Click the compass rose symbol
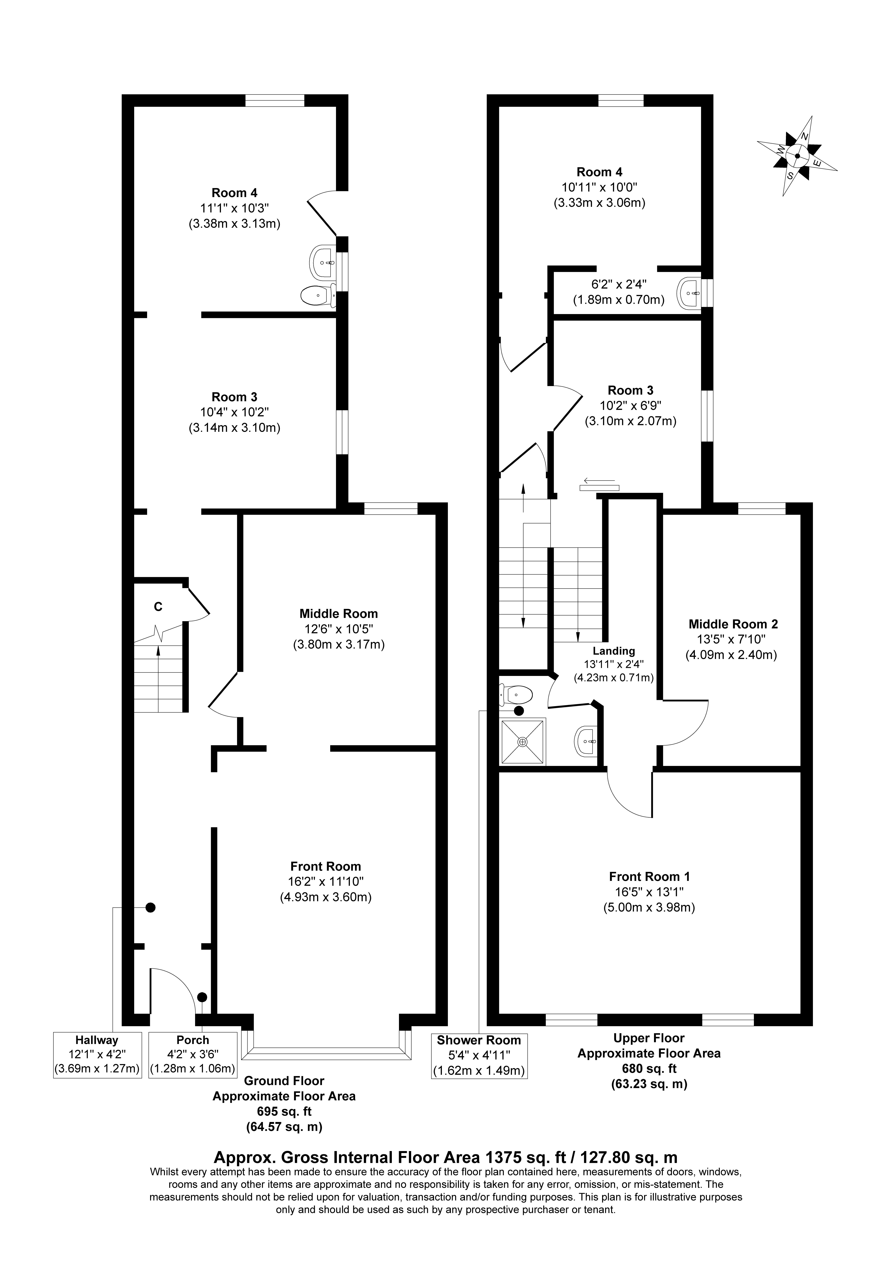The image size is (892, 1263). click(797, 156)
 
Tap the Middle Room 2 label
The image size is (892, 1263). click(733, 624)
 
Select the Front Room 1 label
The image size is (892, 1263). click(650, 876)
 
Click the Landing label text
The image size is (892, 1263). click(614, 651)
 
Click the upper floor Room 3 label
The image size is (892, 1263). click(630, 391)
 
